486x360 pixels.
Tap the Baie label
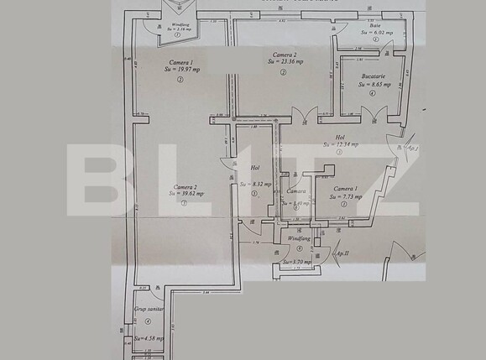tap(375, 25)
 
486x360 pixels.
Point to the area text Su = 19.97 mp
tap(182, 70)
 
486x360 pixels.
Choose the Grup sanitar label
tap(147, 309)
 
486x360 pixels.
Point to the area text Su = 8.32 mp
tap(255, 183)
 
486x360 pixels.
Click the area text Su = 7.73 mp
tap(347, 197)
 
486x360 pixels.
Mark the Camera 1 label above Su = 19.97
tap(181, 61)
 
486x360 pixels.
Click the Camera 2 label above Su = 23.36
tap(284, 53)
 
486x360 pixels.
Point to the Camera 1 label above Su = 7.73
tap(345, 189)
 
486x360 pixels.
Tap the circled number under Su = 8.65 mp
tap(372, 94)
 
